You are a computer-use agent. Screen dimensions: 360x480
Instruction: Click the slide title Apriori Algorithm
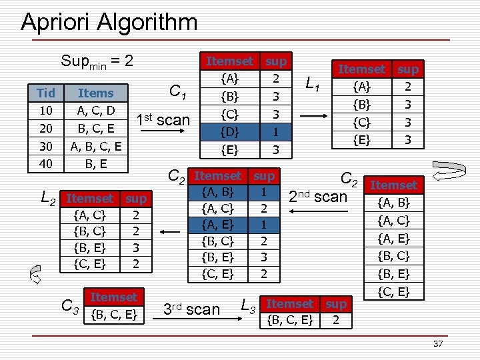pos(109,23)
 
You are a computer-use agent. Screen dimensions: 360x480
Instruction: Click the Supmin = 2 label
pos(97,61)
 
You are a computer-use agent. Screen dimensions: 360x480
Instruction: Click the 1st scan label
pos(163,121)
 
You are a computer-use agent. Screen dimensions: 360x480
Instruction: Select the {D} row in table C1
pos(229,132)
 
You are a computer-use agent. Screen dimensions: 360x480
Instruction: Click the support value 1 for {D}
pos(275,132)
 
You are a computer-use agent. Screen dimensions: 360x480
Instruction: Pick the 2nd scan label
pos(318,197)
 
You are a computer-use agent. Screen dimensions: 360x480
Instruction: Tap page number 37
pos(437,344)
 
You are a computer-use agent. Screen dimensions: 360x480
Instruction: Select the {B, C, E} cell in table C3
pos(113,314)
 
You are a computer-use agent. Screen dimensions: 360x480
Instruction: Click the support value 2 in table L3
pos(335,320)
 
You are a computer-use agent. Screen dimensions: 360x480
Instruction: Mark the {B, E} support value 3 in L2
pos(136,247)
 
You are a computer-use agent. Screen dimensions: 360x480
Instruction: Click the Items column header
pos(95,93)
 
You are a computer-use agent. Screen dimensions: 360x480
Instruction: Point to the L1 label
pos(313,84)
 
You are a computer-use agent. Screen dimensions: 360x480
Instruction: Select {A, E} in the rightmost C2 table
pos(393,238)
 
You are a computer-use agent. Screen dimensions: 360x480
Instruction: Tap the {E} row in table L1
pos(362,140)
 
